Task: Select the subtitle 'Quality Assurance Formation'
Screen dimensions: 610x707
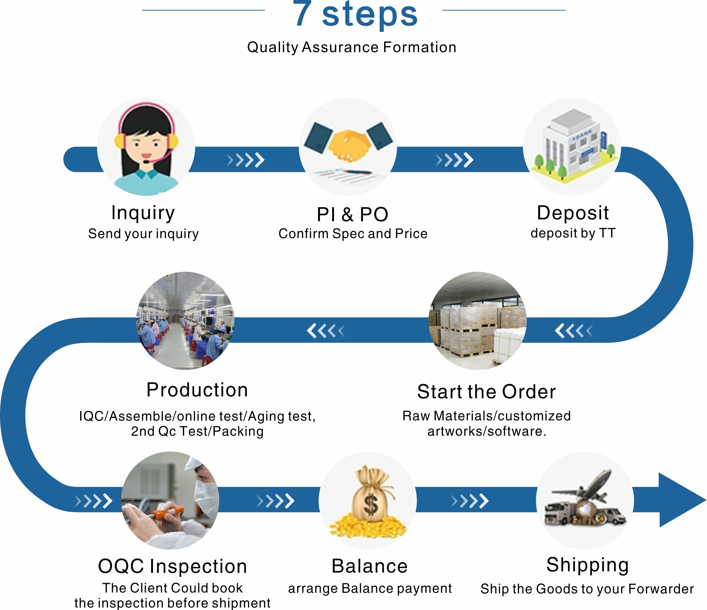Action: pos(352,47)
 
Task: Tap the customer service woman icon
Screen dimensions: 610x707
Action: pos(146,147)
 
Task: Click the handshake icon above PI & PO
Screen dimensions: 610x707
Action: pos(348,145)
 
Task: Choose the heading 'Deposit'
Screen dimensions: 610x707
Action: pos(573,213)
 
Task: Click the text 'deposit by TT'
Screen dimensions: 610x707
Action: pos(573,233)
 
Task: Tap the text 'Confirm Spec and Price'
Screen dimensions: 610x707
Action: pos(353,234)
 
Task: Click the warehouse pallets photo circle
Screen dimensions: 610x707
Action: pos(477,321)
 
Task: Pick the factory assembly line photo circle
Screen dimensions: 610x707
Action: pos(185,321)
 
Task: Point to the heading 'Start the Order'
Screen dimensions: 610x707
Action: pos(487,392)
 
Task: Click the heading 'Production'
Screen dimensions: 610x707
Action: pos(197,390)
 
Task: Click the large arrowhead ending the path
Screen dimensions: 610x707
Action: pos(679,500)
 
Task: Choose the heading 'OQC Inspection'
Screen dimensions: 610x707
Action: pos(173,566)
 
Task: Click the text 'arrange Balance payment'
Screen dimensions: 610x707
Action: pos(370,589)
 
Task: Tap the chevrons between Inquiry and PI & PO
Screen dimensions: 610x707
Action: pos(246,160)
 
